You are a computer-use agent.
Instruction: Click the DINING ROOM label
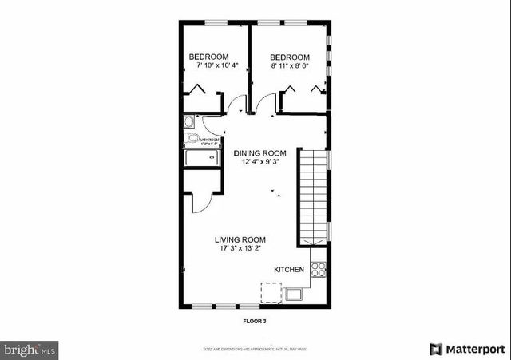point(259,153)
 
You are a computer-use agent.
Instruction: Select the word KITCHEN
point(288,270)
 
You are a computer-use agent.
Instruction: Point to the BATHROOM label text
point(208,140)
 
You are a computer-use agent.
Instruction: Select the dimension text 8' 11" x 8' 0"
point(290,66)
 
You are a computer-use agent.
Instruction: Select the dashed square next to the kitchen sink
point(271,294)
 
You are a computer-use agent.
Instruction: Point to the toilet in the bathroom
point(192,139)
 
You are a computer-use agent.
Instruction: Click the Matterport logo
point(467,349)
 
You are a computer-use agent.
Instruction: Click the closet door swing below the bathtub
point(200,201)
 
